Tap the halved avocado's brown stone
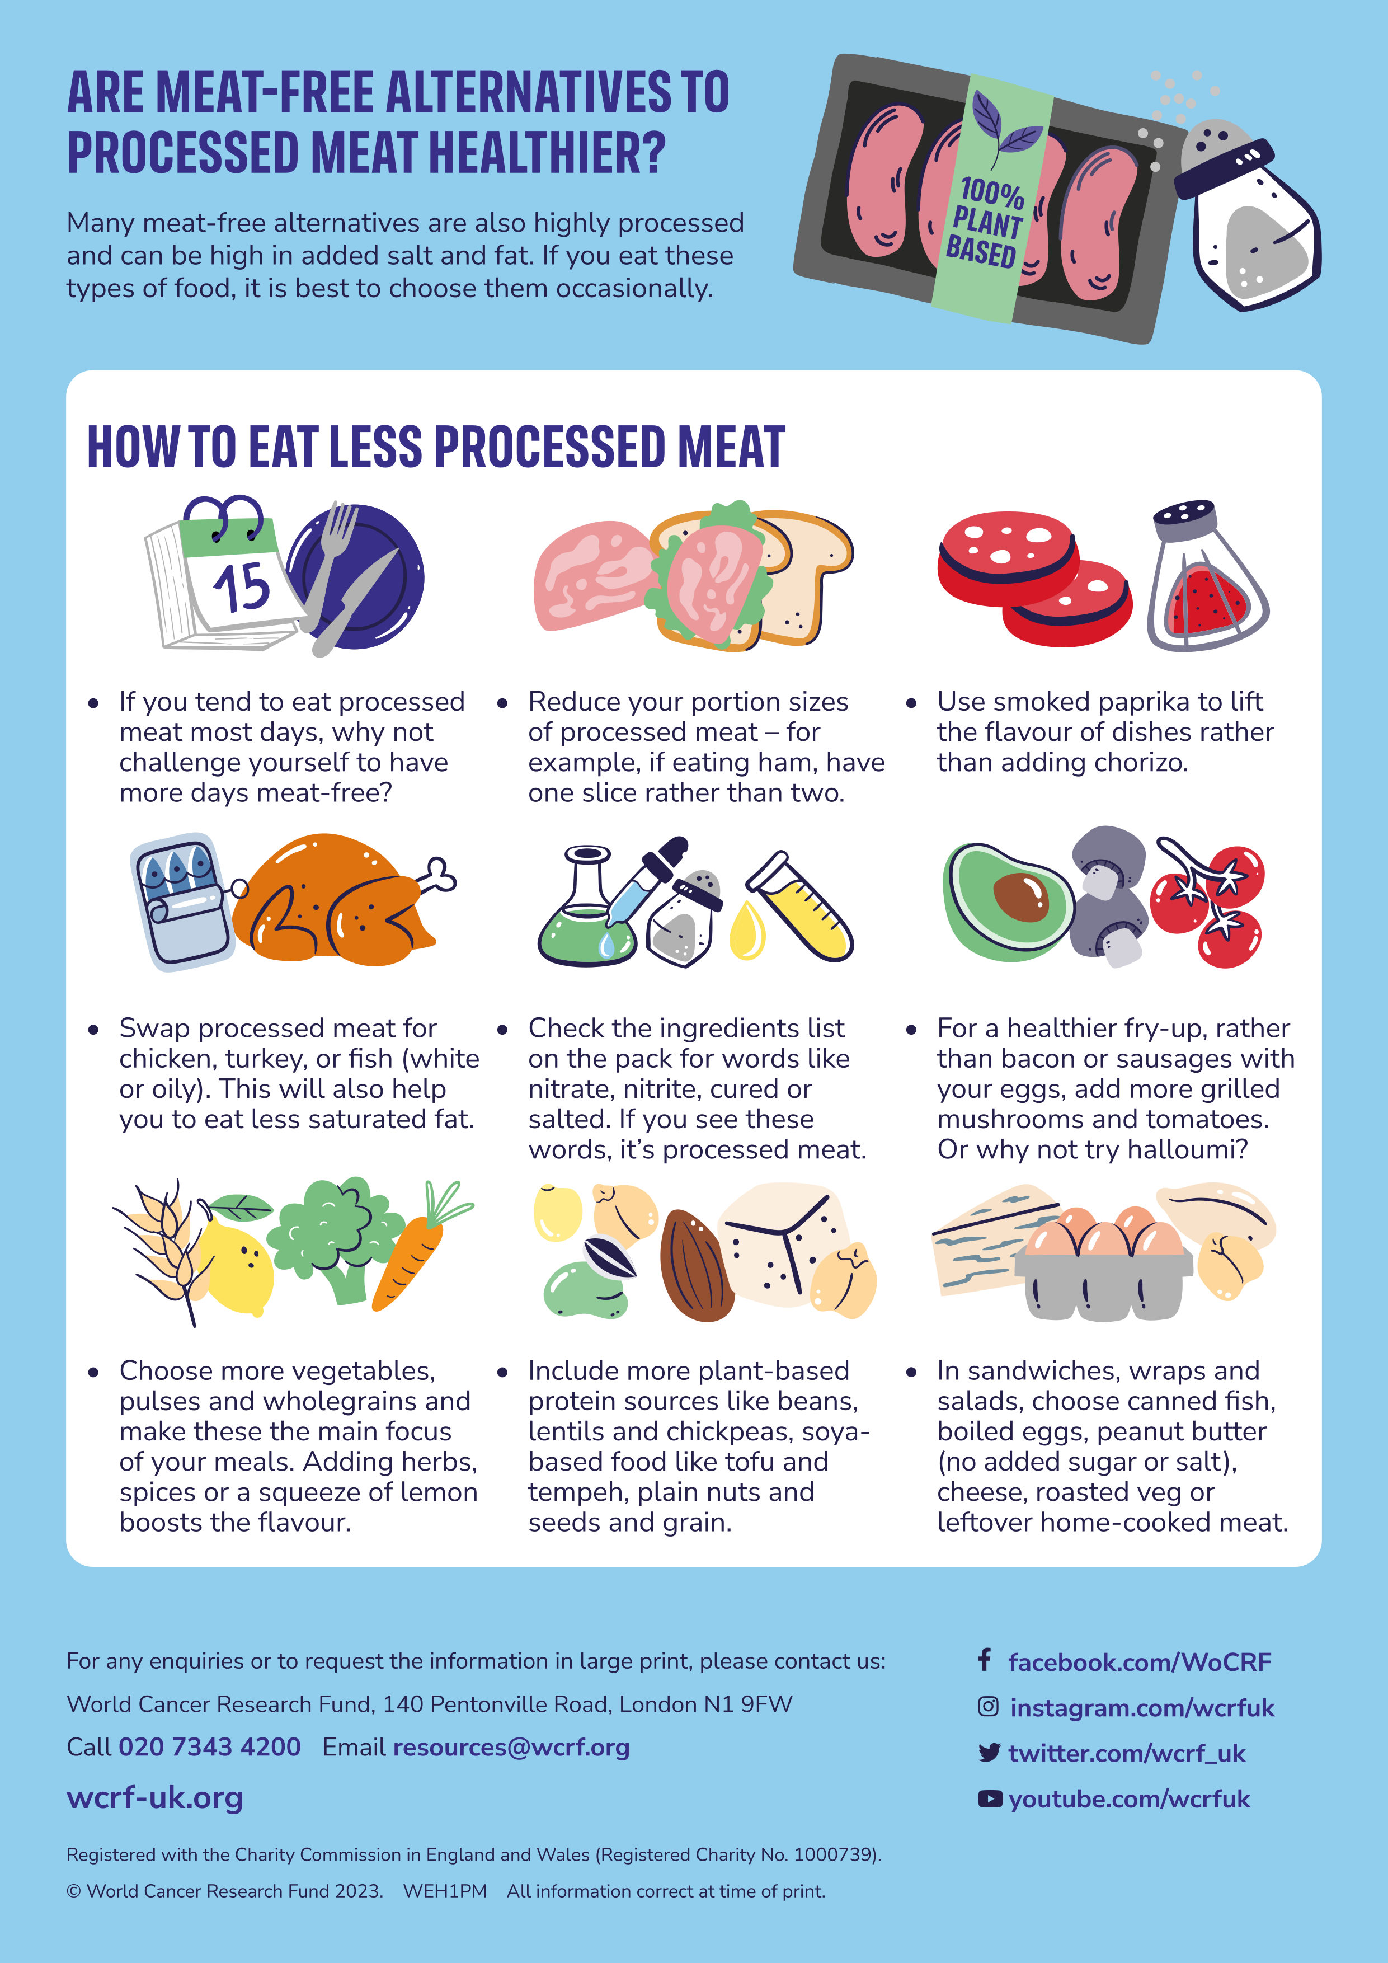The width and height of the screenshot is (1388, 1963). (1020, 898)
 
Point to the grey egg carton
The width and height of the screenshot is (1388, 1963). (1103, 1283)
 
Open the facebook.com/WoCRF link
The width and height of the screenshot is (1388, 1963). (1139, 1661)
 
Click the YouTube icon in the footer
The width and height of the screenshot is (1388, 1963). (989, 1799)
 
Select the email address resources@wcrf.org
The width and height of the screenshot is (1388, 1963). (511, 1746)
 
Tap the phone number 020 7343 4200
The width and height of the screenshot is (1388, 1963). (209, 1746)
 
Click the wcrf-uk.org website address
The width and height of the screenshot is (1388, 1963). (155, 1798)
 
